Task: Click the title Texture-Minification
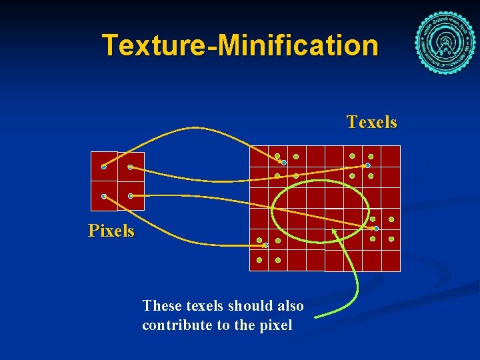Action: tap(240, 45)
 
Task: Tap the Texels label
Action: tap(371, 122)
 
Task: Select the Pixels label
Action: tap(111, 231)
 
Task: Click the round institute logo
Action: tap(445, 42)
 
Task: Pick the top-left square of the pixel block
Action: tap(104, 166)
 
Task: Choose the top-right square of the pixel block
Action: tap(131, 166)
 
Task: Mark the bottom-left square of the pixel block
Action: tap(104, 196)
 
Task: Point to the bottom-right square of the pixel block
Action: tap(131, 196)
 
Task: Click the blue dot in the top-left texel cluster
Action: tap(283, 162)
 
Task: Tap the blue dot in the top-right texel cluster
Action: tap(367, 165)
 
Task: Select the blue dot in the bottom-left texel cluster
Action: tap(265, 245)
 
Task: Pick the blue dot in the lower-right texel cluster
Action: tap(376, 228)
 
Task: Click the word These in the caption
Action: tap(161, 306)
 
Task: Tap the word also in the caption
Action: tap(289, 306)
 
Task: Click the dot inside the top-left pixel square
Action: tap(104, 167)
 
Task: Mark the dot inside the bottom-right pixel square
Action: tap(131, 196)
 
